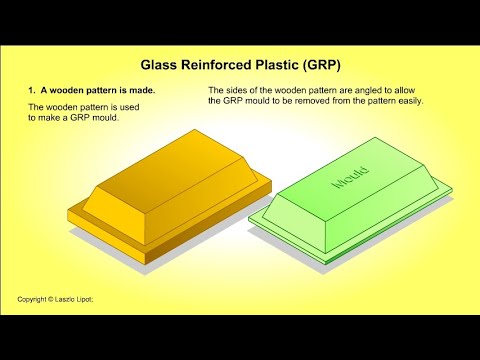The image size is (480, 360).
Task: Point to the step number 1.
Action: pos(30,89)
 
